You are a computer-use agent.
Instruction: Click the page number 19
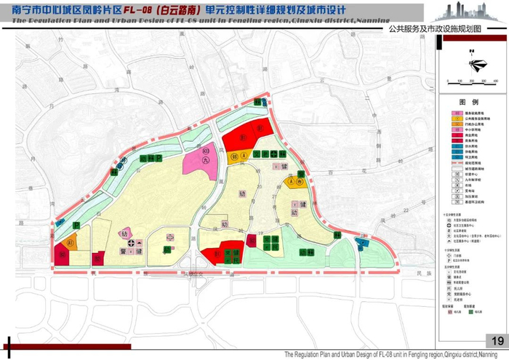[497, 342]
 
